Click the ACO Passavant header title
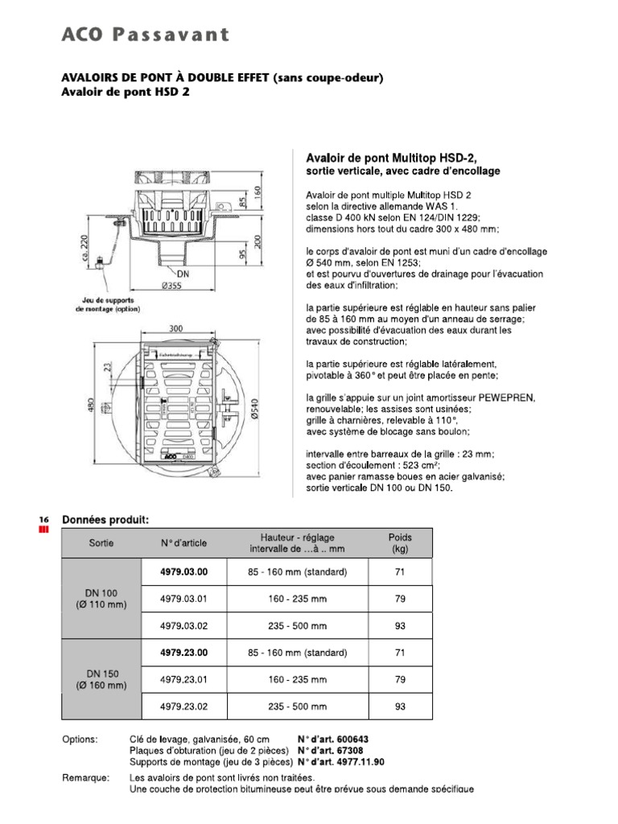tap(146, 34)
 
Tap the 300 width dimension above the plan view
tap(178, 328)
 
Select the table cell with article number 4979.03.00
tap(183, 572)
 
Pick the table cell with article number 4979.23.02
tap(183, 707)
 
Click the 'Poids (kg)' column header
tap(400, 543)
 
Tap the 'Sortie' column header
tap(101, 543)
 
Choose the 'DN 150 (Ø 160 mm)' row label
tap(101, 679)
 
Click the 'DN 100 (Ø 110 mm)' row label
tap(101, 599)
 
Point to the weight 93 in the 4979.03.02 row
tap(400, 625)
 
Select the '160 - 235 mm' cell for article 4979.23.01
tap(298, 680)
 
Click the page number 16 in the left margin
tap(43, 520)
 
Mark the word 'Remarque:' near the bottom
tap(84, 778)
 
